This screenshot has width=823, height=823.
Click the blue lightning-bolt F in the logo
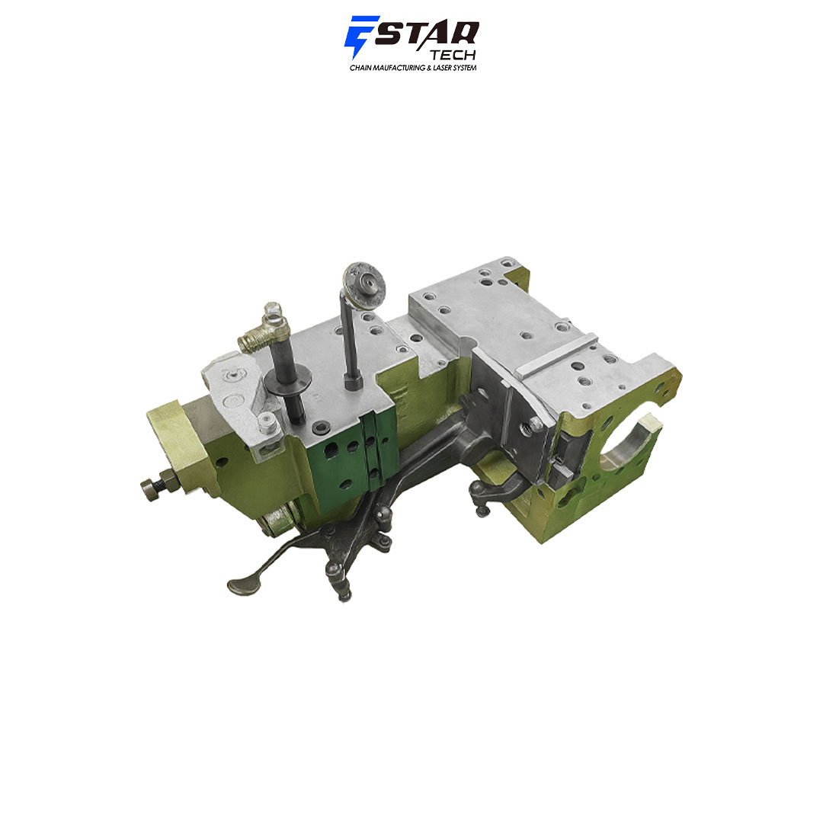[358, 36]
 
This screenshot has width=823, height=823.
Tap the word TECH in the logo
[453, 55]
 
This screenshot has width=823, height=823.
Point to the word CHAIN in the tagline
[360, 68]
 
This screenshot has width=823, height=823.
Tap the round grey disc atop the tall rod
[363, 284]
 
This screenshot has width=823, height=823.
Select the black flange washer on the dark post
[287, 381]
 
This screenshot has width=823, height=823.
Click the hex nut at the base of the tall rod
[353, 382]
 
